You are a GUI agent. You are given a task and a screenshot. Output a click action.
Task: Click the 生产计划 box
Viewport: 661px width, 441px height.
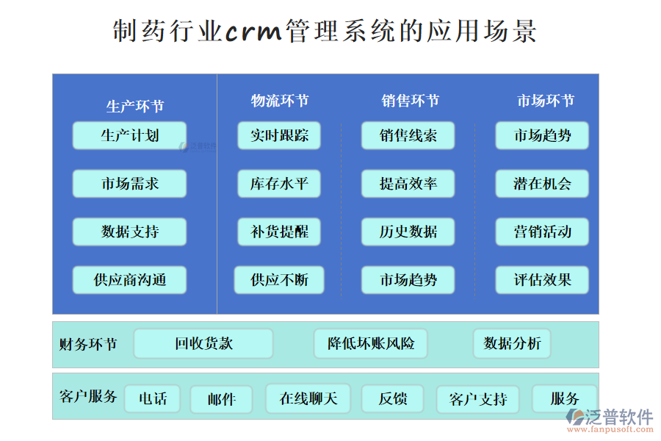(129, 136)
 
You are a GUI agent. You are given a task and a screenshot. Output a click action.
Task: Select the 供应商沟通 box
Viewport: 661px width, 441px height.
(129, 280)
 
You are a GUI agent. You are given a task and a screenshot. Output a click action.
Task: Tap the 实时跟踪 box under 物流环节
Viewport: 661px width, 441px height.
(279, 136)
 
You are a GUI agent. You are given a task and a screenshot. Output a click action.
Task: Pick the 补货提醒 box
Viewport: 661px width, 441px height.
(279, 232)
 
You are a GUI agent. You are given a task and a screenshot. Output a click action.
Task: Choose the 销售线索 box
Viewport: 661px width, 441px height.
(408, 136)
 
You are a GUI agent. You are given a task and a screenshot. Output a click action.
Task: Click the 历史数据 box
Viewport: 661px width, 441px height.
(408, 232)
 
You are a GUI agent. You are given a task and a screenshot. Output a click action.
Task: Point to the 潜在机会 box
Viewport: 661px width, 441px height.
(542, 184)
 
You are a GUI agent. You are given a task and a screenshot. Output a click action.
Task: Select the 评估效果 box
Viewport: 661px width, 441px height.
(542, 280)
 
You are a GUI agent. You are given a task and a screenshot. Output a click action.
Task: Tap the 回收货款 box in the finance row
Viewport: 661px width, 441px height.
(203, 343)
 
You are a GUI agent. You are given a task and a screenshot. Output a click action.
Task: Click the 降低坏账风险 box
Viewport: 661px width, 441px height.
(371, 343)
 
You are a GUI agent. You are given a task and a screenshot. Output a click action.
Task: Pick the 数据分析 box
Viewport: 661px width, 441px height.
(512, 343)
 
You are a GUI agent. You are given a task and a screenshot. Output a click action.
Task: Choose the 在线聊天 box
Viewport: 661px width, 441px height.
(308, 399)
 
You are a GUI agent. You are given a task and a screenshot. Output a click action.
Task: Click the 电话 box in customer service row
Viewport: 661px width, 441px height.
(153, 399)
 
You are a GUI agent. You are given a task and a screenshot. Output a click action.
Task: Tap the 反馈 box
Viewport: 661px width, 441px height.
(392, 399)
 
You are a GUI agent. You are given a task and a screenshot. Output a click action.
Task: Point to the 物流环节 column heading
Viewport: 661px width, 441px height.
(279, 101)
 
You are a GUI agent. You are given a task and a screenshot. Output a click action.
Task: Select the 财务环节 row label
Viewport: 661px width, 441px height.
(87, 343)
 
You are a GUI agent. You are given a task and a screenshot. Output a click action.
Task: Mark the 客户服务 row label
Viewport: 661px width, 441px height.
(87, 397)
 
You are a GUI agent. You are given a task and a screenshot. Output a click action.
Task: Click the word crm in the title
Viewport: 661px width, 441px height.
(253, 32)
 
